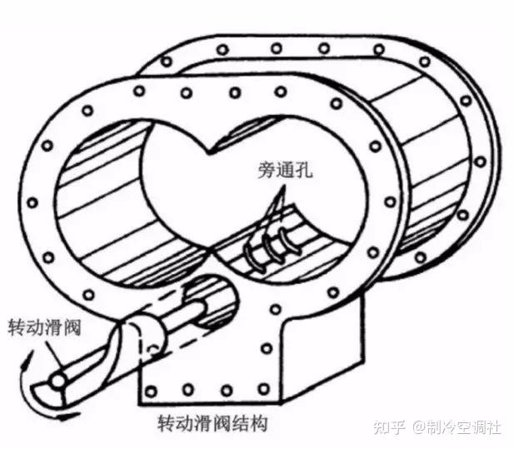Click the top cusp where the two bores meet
[213, 147]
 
